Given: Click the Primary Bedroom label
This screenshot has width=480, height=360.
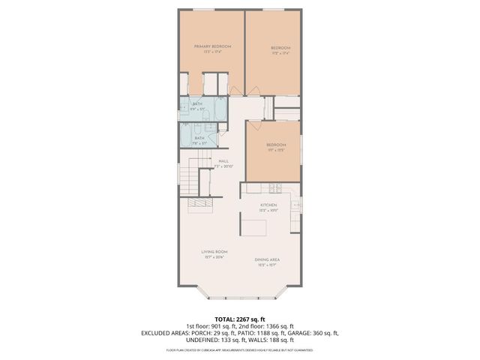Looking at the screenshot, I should pos(212,46).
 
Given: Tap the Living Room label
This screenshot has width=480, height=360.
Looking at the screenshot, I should pos(214,251).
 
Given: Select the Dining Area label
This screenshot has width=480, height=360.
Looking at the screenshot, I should pos(268,259).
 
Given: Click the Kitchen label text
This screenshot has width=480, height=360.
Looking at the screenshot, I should pos(268,205).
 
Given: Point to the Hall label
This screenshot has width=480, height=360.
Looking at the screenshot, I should pos(223,160).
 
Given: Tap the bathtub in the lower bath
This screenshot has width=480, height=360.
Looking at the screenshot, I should pos(186,136).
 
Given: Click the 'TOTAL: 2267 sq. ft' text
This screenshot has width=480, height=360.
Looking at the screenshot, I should pos(240,319).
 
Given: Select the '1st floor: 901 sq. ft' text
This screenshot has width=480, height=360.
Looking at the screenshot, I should pos(205,326).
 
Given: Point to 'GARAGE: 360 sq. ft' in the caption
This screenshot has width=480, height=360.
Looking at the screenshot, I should pos(313,333).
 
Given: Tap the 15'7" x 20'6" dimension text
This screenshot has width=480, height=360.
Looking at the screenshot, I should pos(214,257).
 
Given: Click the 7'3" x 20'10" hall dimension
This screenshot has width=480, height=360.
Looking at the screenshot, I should pos(223,166).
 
